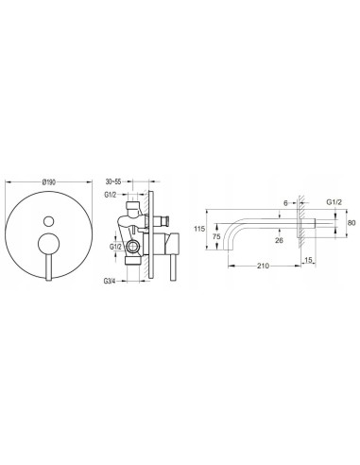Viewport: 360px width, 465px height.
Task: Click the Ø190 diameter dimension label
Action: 49,181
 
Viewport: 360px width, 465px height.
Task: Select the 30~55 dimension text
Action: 113,181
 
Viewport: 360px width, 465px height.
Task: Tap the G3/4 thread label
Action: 110,281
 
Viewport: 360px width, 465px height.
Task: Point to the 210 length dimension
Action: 263,266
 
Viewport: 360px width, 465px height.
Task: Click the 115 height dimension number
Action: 199,229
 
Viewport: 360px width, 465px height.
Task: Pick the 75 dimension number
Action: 216,236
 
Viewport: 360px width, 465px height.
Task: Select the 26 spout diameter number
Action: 279,240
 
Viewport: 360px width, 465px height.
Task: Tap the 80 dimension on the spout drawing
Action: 351,223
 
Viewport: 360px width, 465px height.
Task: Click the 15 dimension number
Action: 308,260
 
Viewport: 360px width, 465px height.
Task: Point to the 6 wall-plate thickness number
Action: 285,203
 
